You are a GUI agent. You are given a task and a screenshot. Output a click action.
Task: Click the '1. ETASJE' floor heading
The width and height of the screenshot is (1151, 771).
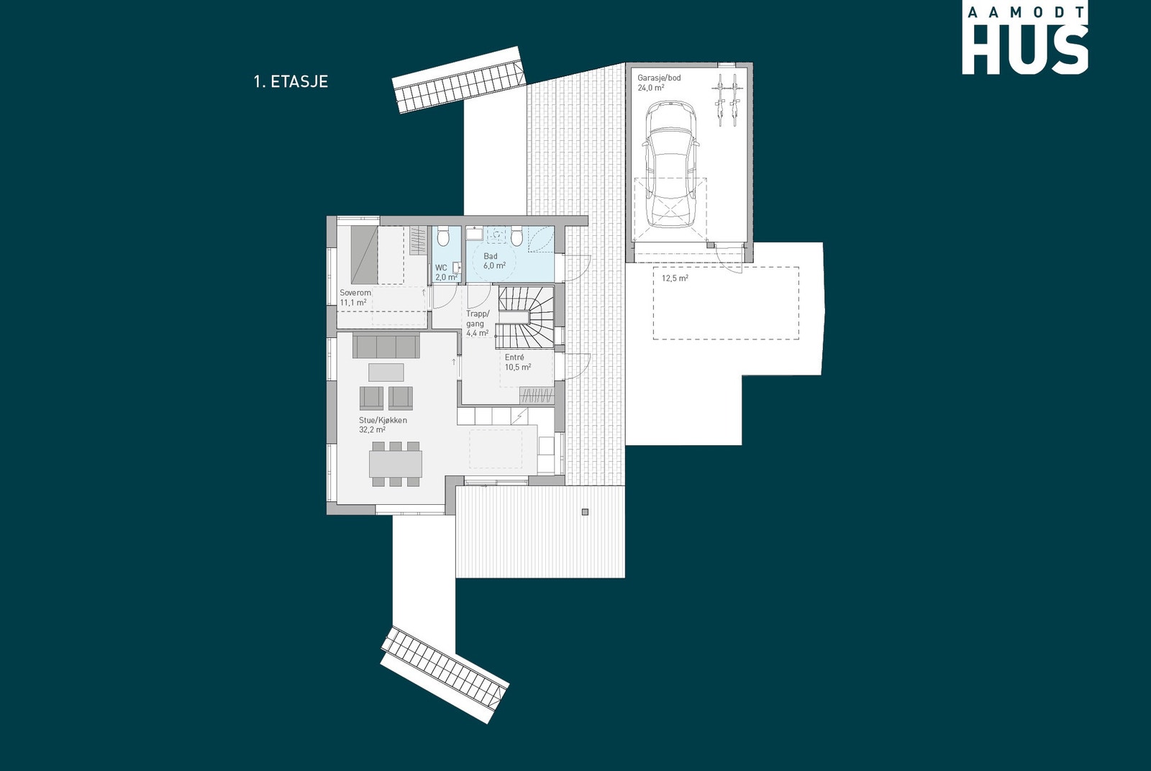pos(291,81)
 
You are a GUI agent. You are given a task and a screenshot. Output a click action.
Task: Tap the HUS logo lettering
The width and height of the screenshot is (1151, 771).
pos(1024,50)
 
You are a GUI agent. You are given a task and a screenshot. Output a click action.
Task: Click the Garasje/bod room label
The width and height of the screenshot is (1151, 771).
pos(659,78)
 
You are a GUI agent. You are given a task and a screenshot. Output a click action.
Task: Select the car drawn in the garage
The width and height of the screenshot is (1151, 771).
pos(670,164)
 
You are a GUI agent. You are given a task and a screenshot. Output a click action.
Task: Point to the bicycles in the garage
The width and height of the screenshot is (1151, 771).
pos(727,101)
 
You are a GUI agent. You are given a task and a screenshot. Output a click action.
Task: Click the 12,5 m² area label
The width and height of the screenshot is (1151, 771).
pos(675,278)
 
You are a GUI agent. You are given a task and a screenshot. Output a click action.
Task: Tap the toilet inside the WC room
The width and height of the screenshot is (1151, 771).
pos(444,235)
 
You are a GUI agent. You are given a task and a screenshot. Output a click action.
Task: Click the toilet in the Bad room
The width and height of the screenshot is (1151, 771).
pos(517,234)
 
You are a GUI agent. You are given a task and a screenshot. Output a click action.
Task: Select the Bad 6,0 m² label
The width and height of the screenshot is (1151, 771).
pos(493,261)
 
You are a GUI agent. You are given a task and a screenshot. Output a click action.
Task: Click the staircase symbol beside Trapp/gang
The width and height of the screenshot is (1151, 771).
pos(527,317)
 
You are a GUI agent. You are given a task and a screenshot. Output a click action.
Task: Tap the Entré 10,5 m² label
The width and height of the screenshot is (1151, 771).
pos(517,362)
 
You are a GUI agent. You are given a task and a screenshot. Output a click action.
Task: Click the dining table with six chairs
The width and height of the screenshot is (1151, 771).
pos(396,464)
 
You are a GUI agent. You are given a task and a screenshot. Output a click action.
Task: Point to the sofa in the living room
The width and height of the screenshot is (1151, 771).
pos(386,347)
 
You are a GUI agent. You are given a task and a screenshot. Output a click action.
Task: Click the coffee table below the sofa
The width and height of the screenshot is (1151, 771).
pos(386,372)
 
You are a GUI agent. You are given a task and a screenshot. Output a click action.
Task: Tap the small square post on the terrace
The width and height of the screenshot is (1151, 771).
pos(585,512)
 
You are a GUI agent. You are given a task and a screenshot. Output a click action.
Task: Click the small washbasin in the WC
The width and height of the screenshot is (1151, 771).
pos(456,268)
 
